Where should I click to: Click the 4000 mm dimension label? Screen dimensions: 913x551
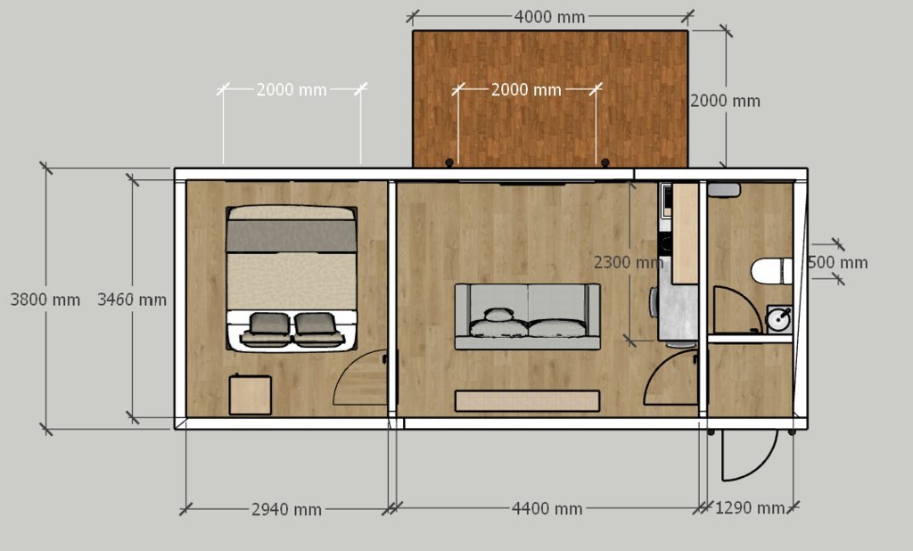pyautogui.click(x=549, y=17)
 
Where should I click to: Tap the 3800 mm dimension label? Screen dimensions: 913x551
pyautogui.click(x=45, y=300)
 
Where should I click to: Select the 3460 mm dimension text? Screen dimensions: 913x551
pyautogui.click(x=132, y=300)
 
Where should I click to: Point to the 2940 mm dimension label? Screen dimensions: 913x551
pyautogui.click(x=286, y=510)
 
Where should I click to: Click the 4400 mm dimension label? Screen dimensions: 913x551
pyautogui.click(x=547, y=508)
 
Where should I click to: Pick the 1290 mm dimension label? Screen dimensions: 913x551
pyautogui.click(x=749, y=508)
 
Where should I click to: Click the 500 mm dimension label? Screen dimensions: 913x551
pyautogui.click(x=837, y=263)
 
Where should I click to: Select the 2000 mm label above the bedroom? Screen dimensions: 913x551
pyautogui.click(x=292, y=90)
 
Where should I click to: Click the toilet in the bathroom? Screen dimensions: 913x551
pyautogui.click(x=771, y=271)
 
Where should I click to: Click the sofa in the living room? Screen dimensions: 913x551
pyautogui.click(x=528, y=317)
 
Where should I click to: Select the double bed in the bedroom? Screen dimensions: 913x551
pyautogui.click(x=292, y=278)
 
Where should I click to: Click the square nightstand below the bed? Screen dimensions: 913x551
pyautogui.click(x=251, y=395)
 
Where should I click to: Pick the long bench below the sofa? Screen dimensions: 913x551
pyautogui.click(x=527, y=400)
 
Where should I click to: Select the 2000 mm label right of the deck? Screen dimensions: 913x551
pyautogui.click(x=725, y=102)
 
